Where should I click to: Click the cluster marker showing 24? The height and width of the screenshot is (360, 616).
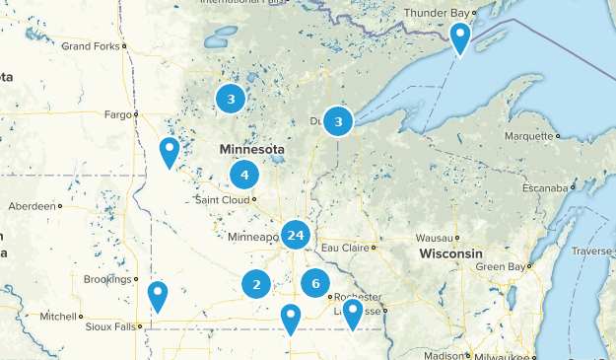point(296,235)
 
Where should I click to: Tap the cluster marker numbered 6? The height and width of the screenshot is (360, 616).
point(315,283)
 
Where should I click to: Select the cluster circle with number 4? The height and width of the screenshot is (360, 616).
point(243,176)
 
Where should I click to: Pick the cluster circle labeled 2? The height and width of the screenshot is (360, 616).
point(256,285)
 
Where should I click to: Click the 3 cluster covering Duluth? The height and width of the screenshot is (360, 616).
point(338,121)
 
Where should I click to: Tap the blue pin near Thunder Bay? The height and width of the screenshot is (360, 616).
point(459,38)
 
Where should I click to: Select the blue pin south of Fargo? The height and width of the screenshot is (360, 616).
point(170,152)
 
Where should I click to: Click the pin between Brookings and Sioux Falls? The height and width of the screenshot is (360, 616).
point(158,295)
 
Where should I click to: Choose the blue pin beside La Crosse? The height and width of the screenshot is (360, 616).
point(352,313)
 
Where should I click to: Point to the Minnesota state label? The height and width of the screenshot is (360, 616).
point(252,150)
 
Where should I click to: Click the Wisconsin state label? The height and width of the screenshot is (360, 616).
point(449,254)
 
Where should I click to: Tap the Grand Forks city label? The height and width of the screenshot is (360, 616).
point(90,46)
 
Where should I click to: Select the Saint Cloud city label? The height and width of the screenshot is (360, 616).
point(221,199)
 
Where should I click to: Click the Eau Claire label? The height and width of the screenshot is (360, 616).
point(342,247)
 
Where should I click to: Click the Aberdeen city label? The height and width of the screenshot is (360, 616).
point(31,206)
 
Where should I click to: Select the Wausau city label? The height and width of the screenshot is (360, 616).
point(434,238)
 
